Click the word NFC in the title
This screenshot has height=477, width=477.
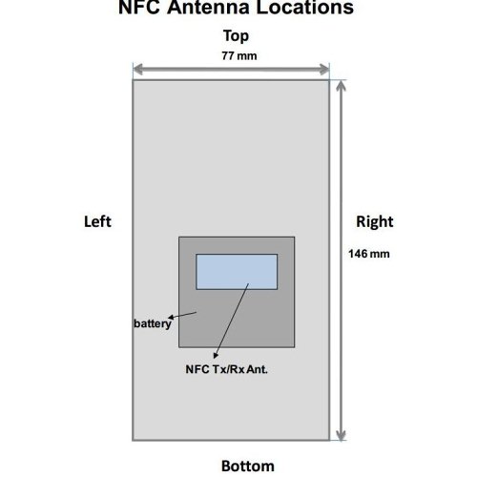139,7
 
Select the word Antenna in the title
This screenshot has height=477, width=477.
209,7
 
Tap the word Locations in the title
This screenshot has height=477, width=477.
305,7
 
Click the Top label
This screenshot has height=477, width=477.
236,36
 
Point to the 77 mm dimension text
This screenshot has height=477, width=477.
239,56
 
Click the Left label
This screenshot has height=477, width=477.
97,221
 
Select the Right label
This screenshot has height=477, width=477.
375,222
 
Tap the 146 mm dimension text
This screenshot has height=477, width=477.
369,254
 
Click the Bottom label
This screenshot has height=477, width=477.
248,467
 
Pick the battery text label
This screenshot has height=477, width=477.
153,323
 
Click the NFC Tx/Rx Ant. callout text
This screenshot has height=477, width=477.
227,369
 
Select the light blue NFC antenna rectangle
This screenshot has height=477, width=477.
237,272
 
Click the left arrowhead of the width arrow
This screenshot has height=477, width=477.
138,69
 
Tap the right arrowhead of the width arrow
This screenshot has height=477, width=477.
324,69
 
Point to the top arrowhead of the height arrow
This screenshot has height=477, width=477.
341,86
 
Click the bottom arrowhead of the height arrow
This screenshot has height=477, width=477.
341,436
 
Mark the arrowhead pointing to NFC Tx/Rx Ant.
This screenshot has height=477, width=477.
216,355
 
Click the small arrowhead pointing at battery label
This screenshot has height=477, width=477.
171,317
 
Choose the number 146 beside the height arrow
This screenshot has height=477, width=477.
358,254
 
